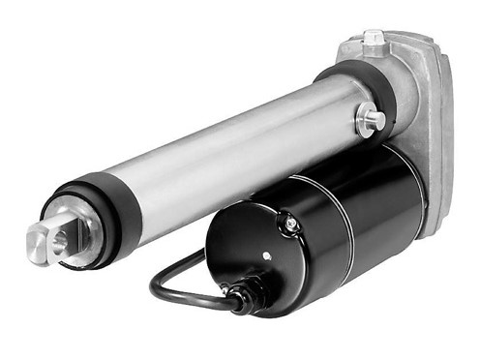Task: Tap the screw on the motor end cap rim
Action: click(x=289, y=225)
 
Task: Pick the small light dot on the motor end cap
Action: click(x=267, y=257)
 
